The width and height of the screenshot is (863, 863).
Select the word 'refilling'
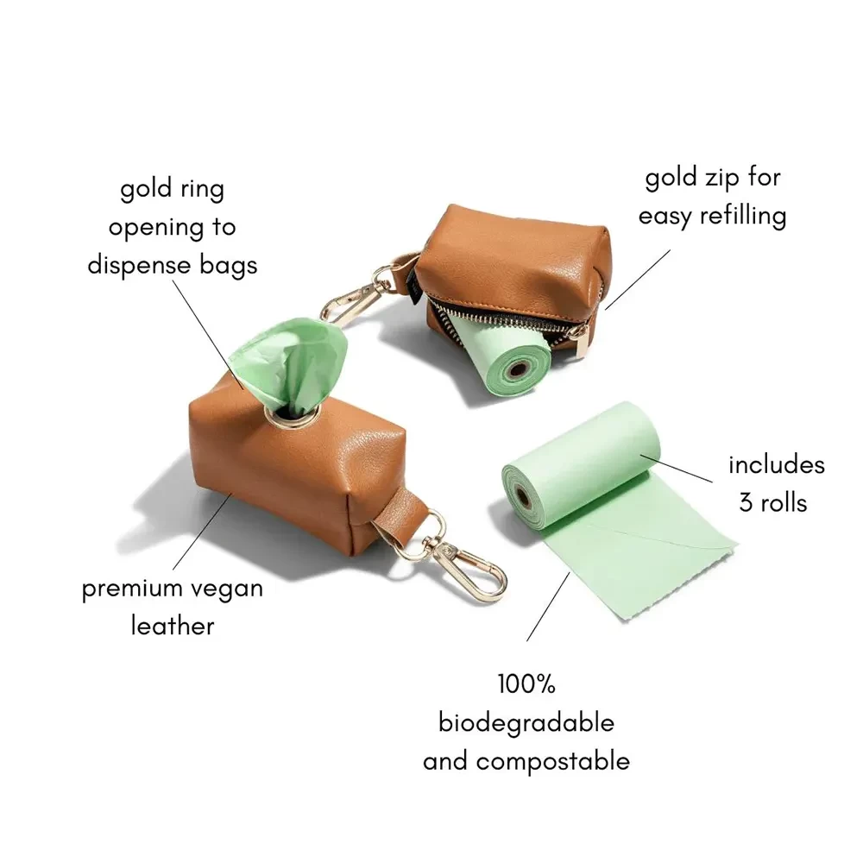(x=743, y=215)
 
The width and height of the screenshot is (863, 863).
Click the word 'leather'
(x=173, y=627)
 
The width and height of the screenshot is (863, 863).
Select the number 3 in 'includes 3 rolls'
(x=746, y=503)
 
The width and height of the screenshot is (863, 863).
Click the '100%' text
(x=526, y=684)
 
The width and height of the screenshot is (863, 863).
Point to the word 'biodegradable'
(x=526, y=723)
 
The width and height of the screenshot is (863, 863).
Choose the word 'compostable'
(x=552, y=762)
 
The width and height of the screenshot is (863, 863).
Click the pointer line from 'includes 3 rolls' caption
(x=677, y=469)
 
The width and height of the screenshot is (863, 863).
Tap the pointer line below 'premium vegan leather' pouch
(x=201, y=531)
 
